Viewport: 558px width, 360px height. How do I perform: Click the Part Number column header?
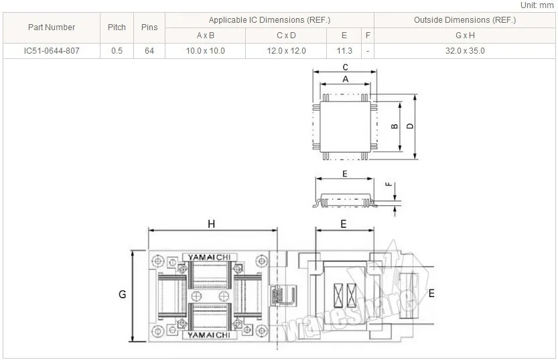pyautogui.click(x=52, y=27)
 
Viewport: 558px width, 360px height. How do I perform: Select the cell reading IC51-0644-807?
pyautogui.click(x=52, y=51)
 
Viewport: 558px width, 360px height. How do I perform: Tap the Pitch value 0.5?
pyautogui.click(x=117, y=51)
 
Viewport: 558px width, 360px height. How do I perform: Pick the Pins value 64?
pyautogui.click(x=149, y=51)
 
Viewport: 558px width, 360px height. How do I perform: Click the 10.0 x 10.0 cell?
pyautogui.click(x=206, y=51)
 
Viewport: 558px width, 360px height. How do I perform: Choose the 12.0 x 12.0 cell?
pyautogui.click(x=286, y=51)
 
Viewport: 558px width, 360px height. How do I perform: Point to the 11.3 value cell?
pyautogui.click(x=344, y=51)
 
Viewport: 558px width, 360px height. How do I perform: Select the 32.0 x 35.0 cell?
pyautogui.click(x=465, y=51)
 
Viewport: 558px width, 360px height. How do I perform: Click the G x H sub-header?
pyautogui.click(x=465, y=36)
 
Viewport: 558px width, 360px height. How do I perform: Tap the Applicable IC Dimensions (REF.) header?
pyautogui.click(x=269, y=20)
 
